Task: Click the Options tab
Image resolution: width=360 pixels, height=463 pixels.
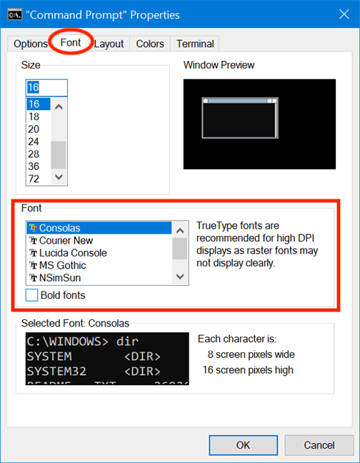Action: [x=30, y=44]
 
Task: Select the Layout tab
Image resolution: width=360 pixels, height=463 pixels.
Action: [x=109, y=44]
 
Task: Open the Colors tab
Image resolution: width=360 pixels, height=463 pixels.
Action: [x=150, y=44]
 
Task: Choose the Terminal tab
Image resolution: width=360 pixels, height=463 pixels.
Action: [x=195, y=44]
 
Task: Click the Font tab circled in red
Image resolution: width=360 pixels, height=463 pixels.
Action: [x=71, y=43]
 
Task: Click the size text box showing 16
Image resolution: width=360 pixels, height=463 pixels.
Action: [x=46, y=87]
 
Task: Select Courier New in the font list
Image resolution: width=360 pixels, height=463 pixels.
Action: [x=66, y=241]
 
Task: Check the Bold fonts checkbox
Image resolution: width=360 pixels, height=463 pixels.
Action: [x=32, y=294]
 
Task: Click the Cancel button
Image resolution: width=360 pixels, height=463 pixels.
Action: [x=319, y=444]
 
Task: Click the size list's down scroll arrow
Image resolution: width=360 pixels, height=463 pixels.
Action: [x=59, y=177]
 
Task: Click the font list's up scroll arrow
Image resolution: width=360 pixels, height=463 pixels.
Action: [x=180, y=229]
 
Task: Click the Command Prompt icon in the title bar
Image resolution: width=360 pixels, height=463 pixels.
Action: [x=14, y=14]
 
